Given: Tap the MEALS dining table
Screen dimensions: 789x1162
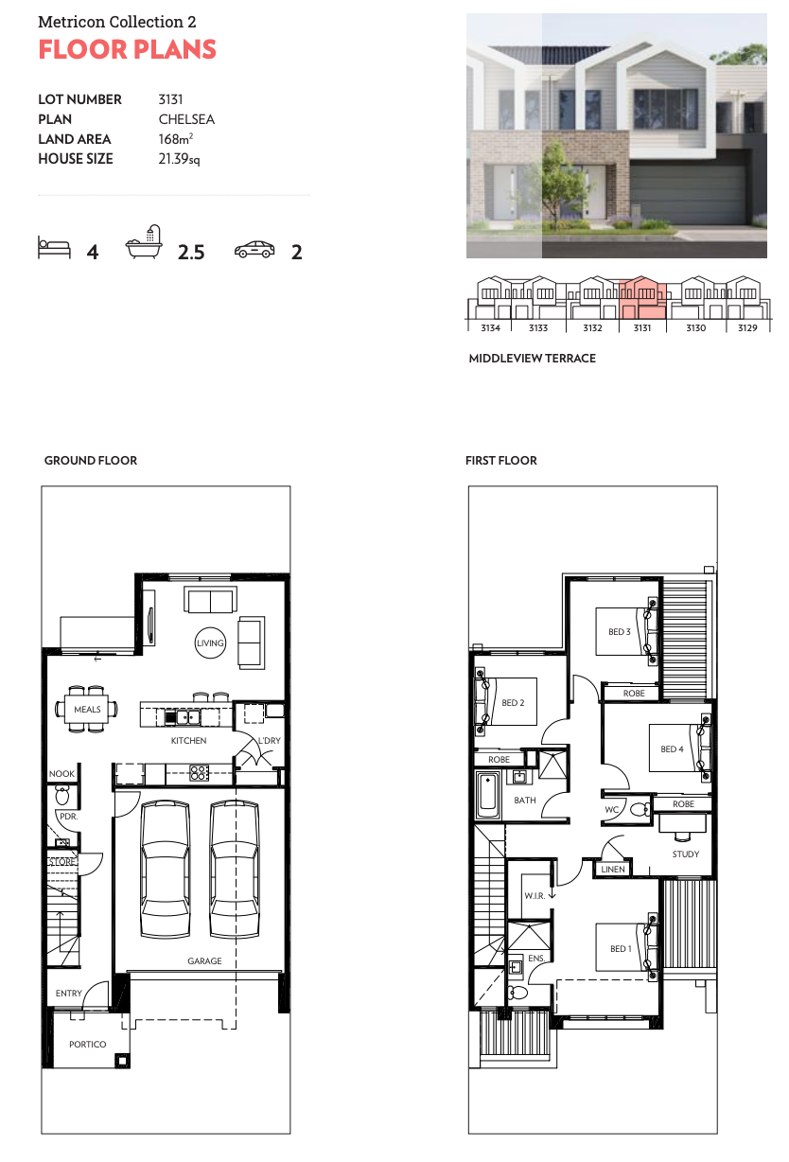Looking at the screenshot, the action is pos(87,709).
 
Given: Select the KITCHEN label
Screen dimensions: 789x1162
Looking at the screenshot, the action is pos(189,740).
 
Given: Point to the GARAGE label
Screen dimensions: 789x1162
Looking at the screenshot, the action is pos(204,960).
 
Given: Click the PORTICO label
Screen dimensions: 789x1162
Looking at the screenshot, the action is pos(87,1044).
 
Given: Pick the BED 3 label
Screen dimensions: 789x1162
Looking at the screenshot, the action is pos(620,631).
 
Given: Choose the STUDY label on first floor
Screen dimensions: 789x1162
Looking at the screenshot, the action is pos(685,854).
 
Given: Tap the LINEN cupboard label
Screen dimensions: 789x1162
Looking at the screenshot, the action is pos(613,869).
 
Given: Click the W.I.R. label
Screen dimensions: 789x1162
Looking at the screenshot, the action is pos(535,895).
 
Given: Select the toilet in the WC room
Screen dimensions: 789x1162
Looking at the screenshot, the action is pos(640,809).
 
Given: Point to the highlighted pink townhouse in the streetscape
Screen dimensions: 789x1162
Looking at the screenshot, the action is pos(642,297).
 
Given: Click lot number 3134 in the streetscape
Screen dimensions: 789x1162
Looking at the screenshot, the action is pos(490,327).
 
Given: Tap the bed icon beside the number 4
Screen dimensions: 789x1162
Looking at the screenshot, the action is pos(54,247).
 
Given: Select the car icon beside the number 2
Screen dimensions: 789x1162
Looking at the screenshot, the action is pos(254,249).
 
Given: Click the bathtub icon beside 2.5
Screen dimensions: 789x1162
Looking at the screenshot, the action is pos(144,241).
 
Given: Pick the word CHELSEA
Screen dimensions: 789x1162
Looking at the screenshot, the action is pos(186,119).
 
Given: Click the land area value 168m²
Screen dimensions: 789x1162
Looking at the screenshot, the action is pos(176,139).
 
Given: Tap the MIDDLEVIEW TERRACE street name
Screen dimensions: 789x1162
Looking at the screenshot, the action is pos(533,359).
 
